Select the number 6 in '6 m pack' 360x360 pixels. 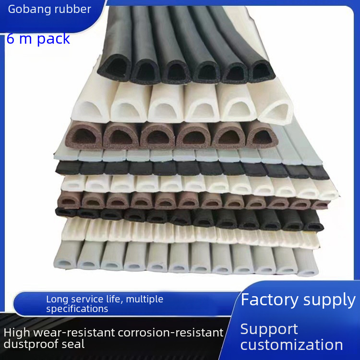tap(11, 38)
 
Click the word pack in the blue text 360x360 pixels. tap(53, 38)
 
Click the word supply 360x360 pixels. tap(331, 300)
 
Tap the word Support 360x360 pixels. tap(269, 329)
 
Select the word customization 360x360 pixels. tap(291, 345)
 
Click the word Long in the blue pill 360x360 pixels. tap(56, 299)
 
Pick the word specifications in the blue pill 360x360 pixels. tap(77, 309)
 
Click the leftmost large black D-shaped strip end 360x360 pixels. tap(114, 70)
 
